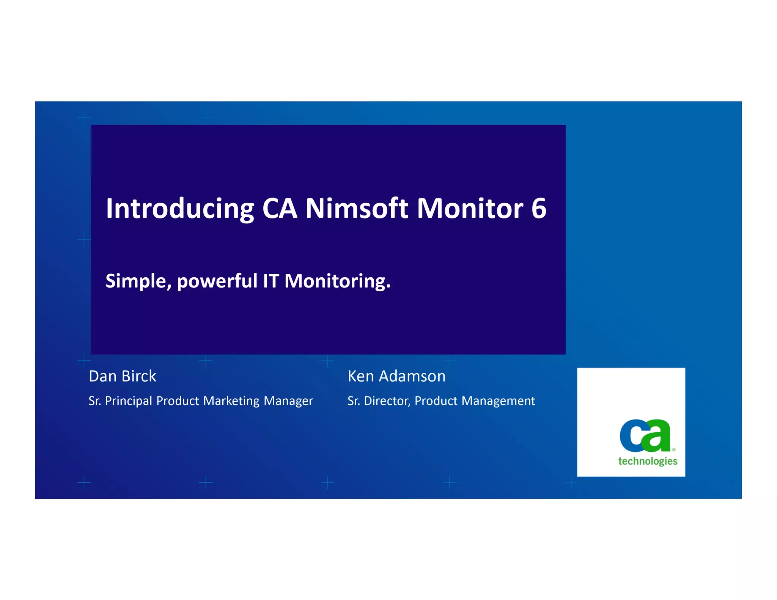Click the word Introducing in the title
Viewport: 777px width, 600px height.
pos(180,209)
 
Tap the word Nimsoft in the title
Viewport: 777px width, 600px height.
pos(357,209)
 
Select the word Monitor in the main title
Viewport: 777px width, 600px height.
pos(470,209)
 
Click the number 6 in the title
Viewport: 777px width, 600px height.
pos(539,209)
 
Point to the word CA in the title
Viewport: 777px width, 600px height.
pos(280,209)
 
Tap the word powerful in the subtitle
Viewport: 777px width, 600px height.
pos(217,281)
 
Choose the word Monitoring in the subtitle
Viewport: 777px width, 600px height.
pos(337,281)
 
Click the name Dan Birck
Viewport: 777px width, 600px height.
pos(122,376)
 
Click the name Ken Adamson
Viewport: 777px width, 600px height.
pos(396,376)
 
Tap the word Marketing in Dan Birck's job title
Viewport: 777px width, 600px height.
pos(231,401)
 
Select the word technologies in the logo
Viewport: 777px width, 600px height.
pos(648,461)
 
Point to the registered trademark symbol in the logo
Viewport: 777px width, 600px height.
pos(674,450)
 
